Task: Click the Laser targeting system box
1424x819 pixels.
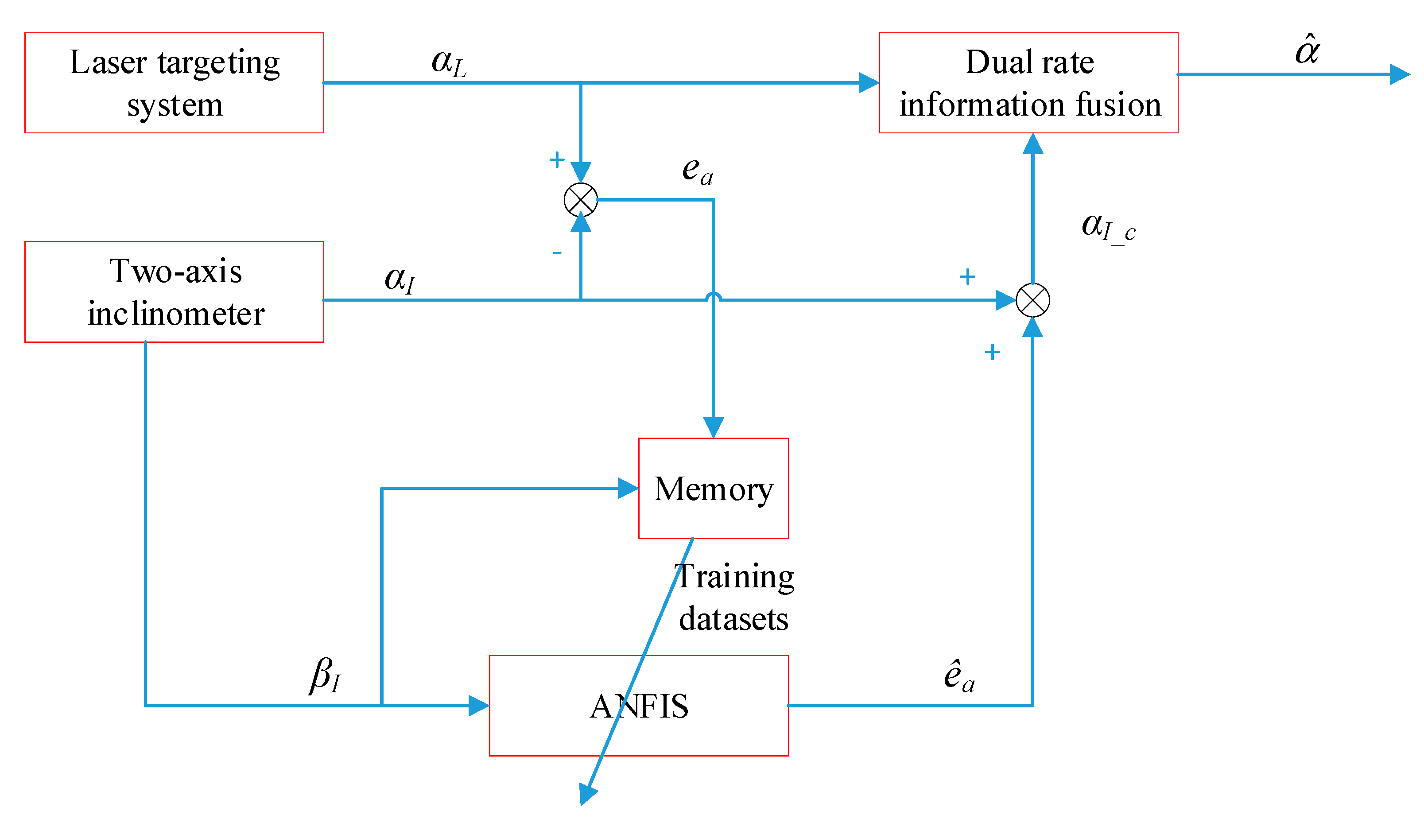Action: click(175, 83)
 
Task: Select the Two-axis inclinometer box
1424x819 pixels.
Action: click(175, 292)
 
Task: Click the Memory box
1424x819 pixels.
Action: click(713, 488)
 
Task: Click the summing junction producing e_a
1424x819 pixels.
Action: click(580, 200)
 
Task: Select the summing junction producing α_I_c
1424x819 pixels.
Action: click(1032, 300)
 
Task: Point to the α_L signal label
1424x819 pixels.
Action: click(449, 62)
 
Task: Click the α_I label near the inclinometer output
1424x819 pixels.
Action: click(400, 279)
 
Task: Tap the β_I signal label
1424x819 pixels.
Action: click(325, 675)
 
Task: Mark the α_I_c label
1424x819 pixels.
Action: click(1108, 228)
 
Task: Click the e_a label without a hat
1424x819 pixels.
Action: click(697, 170)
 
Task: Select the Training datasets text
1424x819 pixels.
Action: click(734, 598)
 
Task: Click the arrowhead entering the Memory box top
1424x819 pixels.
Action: click(713, 427)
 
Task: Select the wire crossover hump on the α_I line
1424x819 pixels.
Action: click(713, 296)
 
